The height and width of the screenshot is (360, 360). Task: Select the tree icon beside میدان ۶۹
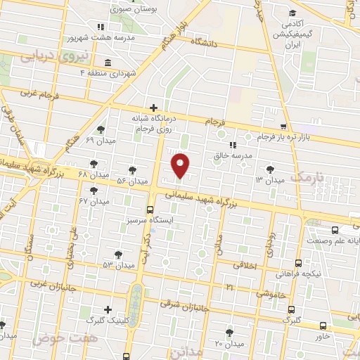click(x=102, y=129)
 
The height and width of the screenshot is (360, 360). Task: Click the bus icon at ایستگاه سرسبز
click(x=150, y=209)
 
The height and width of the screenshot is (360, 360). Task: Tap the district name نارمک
click(x=310, y=176)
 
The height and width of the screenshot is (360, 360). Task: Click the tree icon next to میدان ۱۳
click(x=271, y=169)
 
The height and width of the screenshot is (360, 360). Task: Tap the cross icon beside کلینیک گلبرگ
click(x=108, y=309)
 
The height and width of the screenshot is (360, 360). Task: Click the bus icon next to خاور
click(x=323, y=326)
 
